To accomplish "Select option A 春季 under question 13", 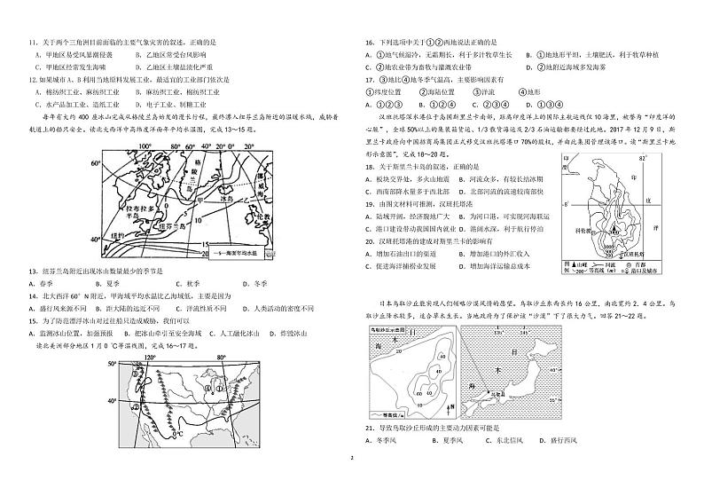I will pos(41,284).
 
